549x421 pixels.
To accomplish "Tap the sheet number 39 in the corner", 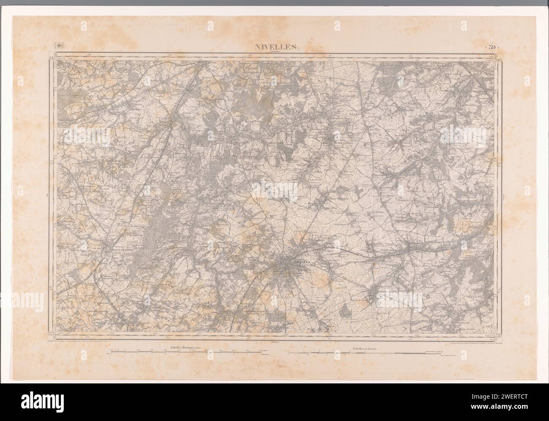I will pos(492,47).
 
